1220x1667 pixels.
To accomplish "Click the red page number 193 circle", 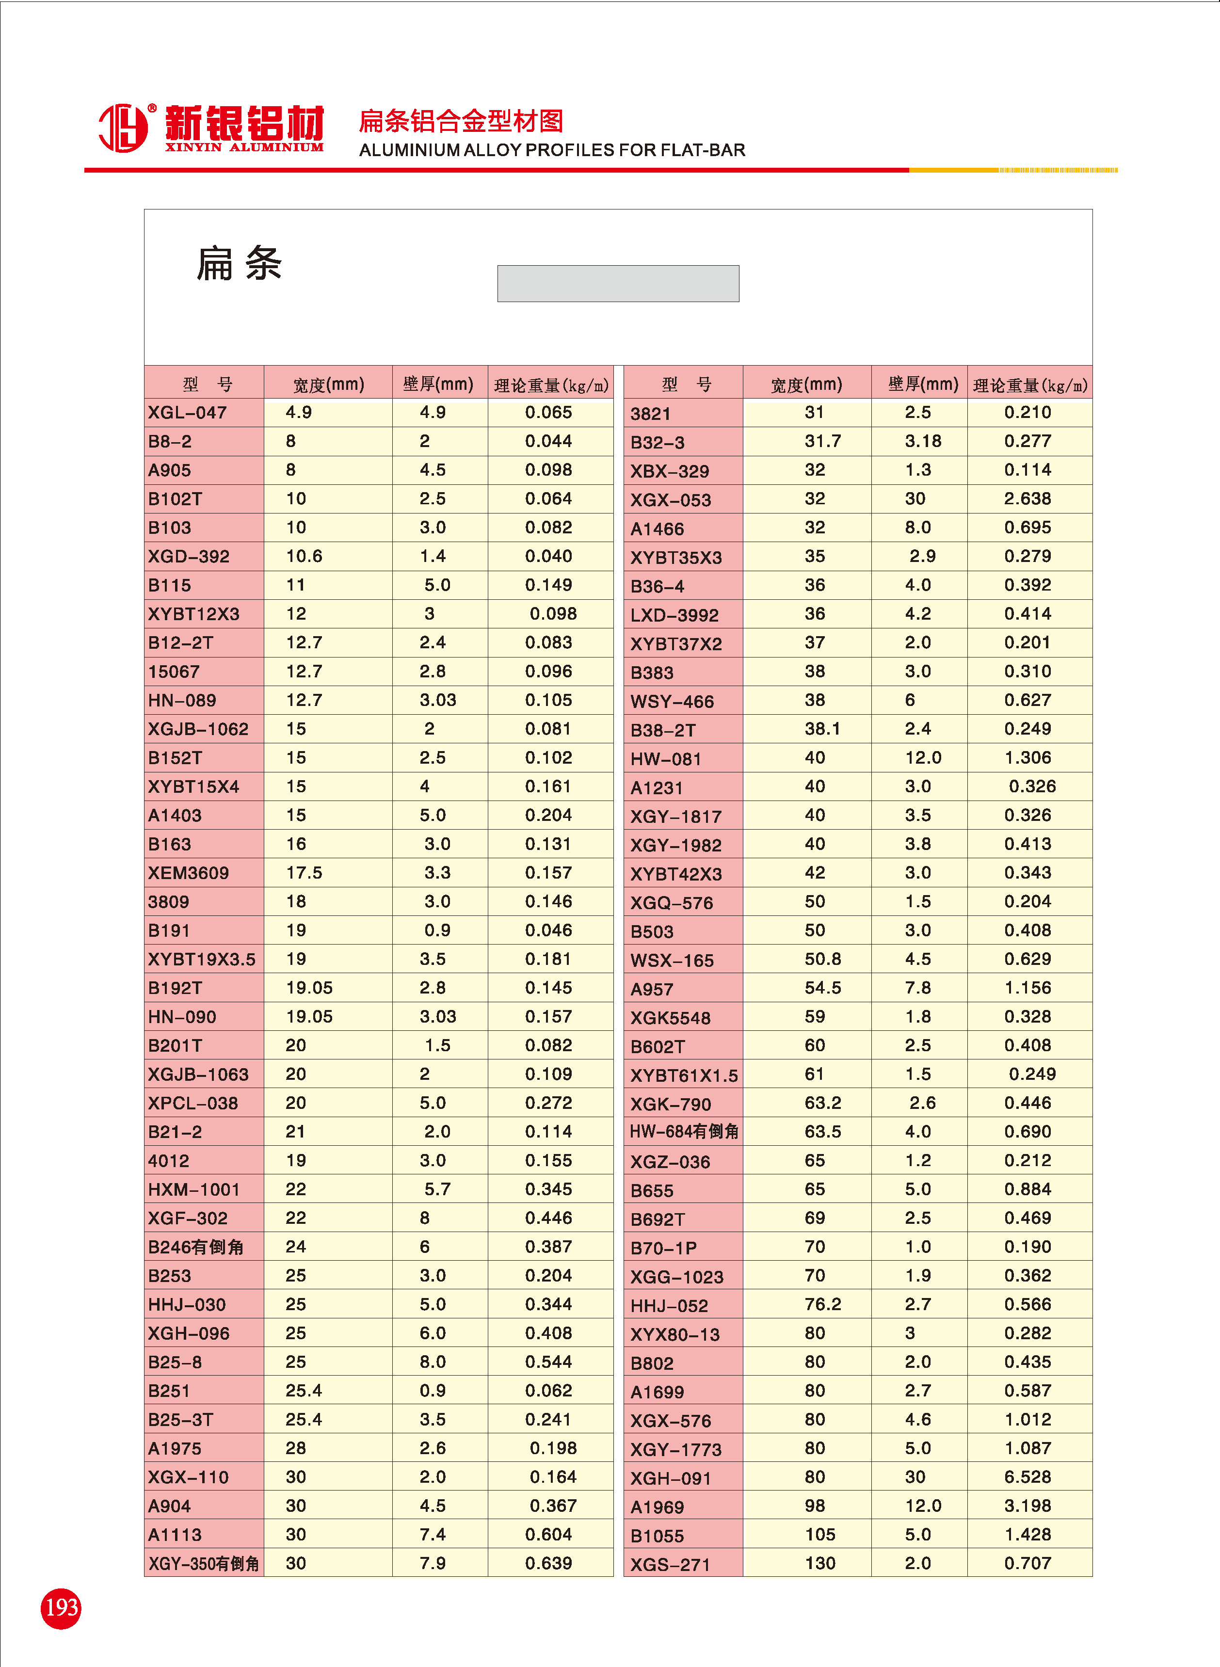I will [61, 1608].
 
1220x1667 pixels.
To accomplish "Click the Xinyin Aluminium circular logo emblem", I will [123, 128].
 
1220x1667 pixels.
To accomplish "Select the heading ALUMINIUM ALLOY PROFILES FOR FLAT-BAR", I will [552, 150].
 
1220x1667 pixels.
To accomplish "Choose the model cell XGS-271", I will [670, 1564].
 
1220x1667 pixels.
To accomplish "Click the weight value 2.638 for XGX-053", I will [1027, 498].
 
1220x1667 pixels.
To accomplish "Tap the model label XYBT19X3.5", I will [202, 959].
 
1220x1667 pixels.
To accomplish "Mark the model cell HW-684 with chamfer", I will [683, 1132].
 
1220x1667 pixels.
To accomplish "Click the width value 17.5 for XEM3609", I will [304, 873].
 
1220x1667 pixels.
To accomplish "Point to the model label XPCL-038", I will [193, 1103].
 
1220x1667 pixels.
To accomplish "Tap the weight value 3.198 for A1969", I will [1027, 1506].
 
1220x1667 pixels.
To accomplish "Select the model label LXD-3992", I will [674, 614].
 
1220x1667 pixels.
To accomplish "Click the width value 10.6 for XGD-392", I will [304, 556].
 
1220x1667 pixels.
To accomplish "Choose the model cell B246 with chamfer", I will [196, 1247].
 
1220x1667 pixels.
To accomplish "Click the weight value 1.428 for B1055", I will [1027, 1534].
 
